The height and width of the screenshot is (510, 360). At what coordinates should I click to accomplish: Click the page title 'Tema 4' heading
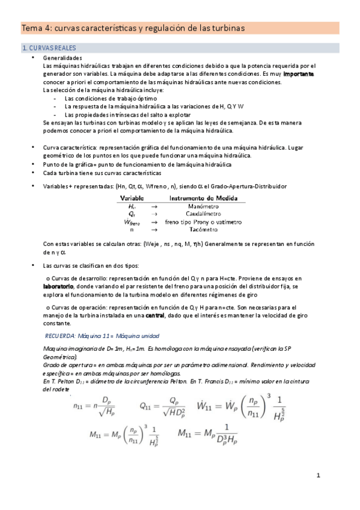133,28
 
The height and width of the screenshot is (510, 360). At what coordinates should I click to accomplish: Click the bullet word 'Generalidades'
64,57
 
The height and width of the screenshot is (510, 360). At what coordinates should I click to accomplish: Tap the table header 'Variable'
132,197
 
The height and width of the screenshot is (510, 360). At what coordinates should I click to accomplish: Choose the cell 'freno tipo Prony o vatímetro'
204,222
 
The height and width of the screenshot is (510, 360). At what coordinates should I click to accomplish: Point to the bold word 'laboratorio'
64,287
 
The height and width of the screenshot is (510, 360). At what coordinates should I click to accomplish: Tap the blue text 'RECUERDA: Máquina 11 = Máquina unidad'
102,336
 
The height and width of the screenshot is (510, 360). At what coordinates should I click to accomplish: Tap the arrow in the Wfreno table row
153,222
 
